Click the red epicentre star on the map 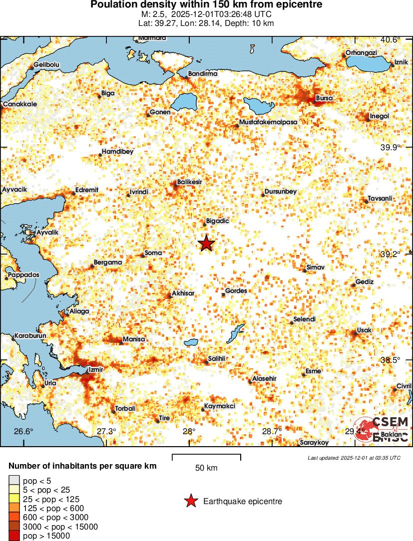point(206,244)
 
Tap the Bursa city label point(324,98)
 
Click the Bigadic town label point(217,221)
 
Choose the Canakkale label point(19,104)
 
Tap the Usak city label point(364,331)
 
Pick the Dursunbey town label point(280,192)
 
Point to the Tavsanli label point(380,199)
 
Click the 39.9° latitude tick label point(390,147)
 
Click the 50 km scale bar point(206,457)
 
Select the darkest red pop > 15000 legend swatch point(13,536)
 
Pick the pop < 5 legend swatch point(13,481)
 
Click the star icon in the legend point(190,501)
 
